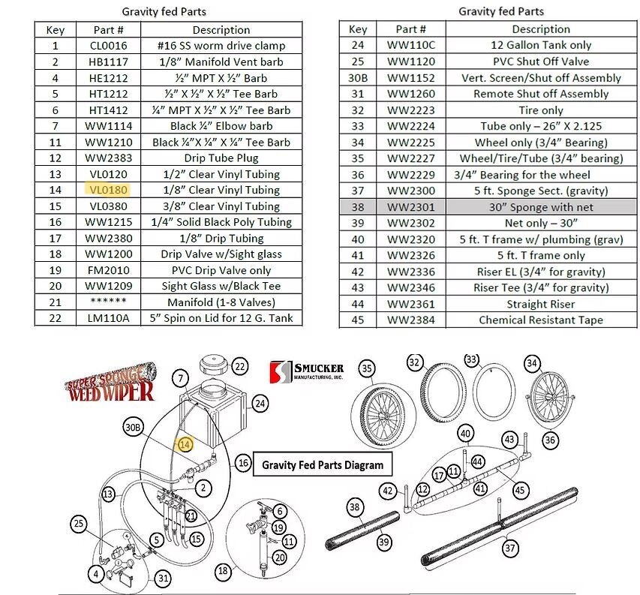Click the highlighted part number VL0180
pos(109,190)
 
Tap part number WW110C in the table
pos(411,45)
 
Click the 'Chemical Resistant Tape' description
pos(540,320)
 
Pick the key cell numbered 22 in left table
pos(55,318)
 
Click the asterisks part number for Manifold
pos(109,302)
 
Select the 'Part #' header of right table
pos(411,29)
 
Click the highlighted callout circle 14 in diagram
pos(185,445)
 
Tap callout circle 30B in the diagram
pos(134,428)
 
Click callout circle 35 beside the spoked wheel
pos(366,369)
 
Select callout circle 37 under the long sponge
pos(511,548)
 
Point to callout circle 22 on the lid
pos(239,367)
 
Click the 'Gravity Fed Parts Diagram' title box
pos(322,465)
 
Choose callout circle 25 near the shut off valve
pos(78,524)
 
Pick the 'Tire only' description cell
pos(540,110)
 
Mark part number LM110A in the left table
pos(109,318)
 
